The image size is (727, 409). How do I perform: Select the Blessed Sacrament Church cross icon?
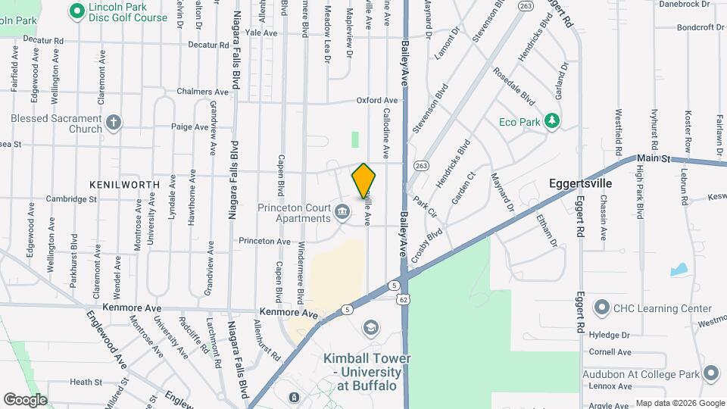[x=114, y=123]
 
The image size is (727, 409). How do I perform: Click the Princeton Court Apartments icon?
[x=342, y=211]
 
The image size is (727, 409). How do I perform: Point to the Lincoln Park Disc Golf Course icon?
[x=76, y=11]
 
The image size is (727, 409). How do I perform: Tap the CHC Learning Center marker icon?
[x=601, y=308]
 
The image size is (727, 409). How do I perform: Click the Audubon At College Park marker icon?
[x=710, y=373]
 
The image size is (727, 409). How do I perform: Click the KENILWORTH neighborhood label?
[x=125, y=184]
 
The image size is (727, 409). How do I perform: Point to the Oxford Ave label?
[x=377, y=101]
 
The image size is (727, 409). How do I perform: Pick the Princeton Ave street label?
[x=264, y=242]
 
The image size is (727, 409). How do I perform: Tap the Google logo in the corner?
[x=26, y=399]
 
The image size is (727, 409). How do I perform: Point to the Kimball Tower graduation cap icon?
[x=370, y=327]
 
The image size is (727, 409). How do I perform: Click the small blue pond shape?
[x=679, y=269]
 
